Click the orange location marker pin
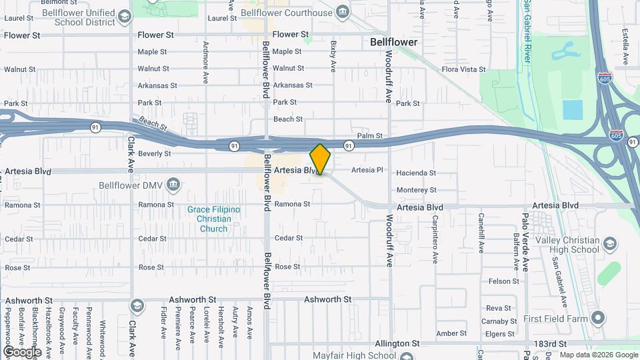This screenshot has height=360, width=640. coord(320,159)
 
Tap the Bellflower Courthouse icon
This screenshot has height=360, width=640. coord(342,13)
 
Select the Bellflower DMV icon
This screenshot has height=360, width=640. coord(173,184)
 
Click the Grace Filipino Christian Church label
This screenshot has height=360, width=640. coord(213,219)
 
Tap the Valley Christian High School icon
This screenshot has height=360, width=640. coord(609,245)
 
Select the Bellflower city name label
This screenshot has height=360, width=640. coord(393,42)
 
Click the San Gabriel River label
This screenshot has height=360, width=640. coord(527,31)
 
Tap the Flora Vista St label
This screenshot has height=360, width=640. coord(464,69)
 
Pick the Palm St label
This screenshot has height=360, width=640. coord(369,136)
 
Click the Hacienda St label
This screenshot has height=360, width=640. coord(416,173)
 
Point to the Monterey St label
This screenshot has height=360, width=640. coord(416,190)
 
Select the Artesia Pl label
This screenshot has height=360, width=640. coord(367,170)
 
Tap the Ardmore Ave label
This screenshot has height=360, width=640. coord(205,63)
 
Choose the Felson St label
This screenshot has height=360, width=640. coord(499,281)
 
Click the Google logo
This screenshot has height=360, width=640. coord(22,351)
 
